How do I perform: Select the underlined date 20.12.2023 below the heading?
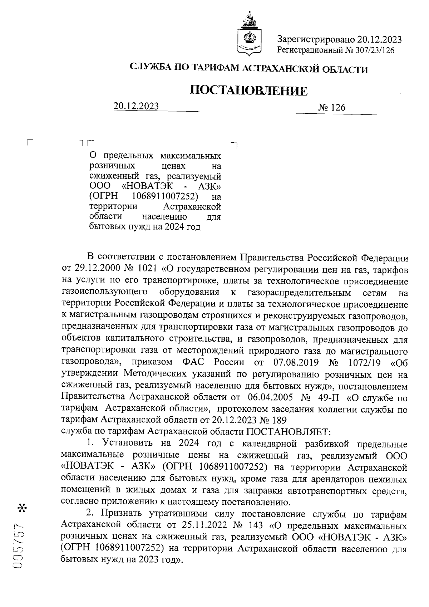(136, 106)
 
